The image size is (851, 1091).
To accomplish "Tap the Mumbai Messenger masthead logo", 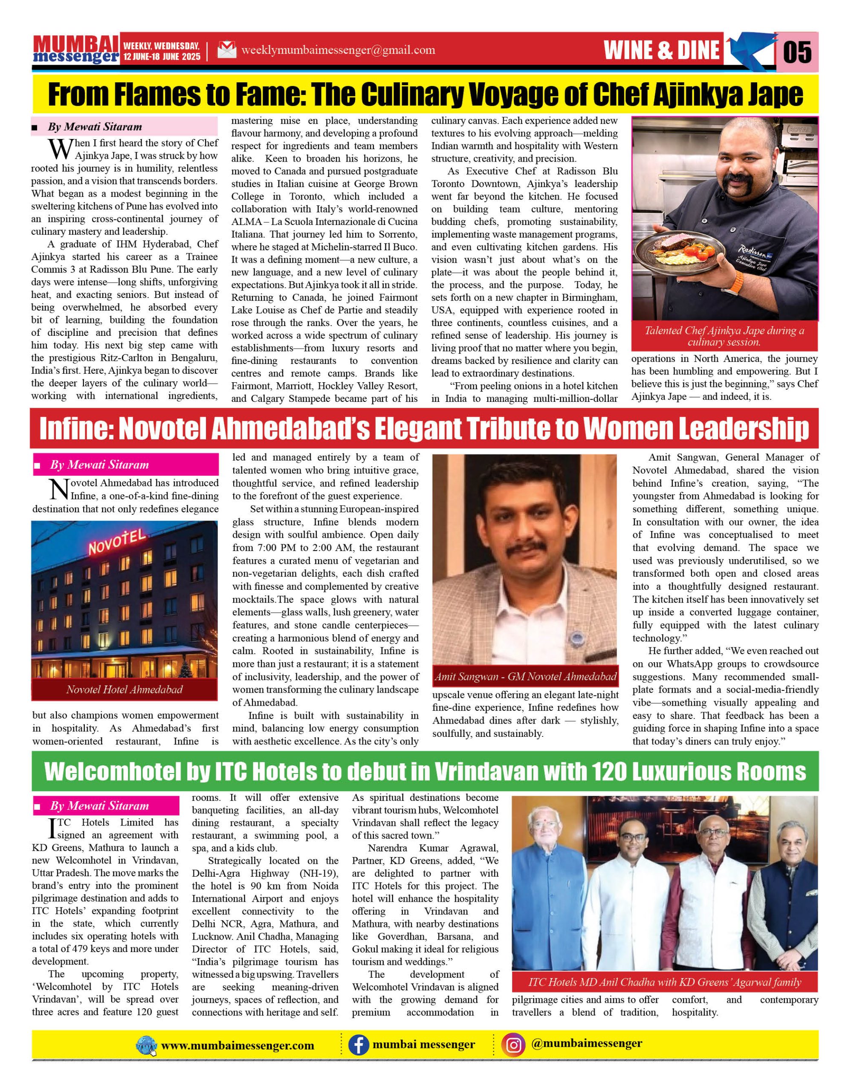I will pyautogui.click(x=76, y=50).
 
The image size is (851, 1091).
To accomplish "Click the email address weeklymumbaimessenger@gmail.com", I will pyautogui.click(x=338, y=50).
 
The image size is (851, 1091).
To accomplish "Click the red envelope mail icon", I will pyautogui.click(x=227, y=50).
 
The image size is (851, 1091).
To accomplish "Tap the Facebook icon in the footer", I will pyautogui.click(x=358, y=1045).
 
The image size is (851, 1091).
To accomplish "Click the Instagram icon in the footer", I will pyautogui.click(x=514, y=1045).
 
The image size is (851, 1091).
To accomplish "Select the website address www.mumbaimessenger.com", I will pyautogui.click(x=237, y=1045).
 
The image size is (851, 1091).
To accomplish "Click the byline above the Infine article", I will pyautogui.click(x=99, y=465).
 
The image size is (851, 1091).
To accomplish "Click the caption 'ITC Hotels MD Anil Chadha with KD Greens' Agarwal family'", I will pyautogui.click(x=665, y=982).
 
